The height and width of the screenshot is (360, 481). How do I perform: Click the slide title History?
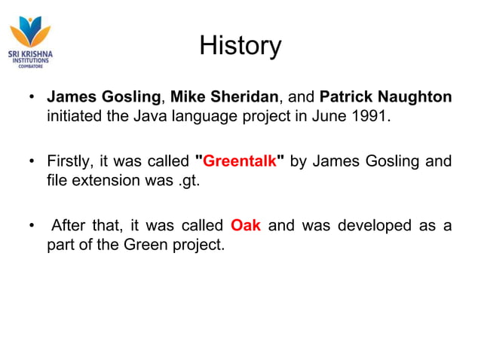(240, 46)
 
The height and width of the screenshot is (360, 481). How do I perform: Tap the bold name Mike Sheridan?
(225, 97)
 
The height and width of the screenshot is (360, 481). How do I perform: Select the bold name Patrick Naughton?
(385, 97)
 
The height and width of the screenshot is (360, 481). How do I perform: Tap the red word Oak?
(246, 225)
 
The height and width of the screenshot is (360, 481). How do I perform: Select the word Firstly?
(69, 161)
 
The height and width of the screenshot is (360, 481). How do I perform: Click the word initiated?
(73, 117)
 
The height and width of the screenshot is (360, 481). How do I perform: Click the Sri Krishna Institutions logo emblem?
(30, 32)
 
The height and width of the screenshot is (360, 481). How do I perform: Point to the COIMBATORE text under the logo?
(30, 66)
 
